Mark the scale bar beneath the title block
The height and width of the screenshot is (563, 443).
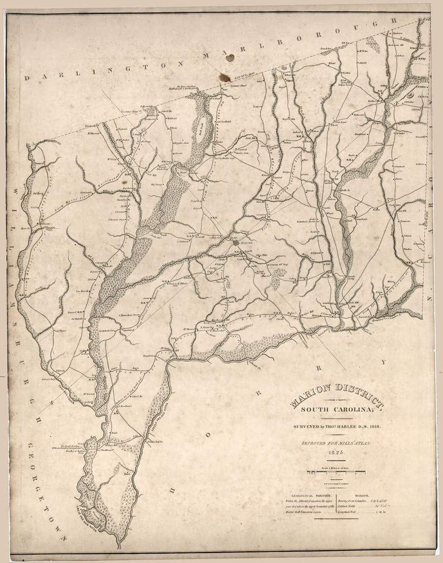click(x=335, y=473)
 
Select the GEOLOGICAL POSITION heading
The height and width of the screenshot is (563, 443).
click(x=309, y=494)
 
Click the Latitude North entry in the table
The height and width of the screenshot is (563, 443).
click(x=351, y=506)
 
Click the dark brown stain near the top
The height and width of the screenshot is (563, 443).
click(x=225, y=76)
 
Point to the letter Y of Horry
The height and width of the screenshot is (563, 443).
click(x=383, y=362)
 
